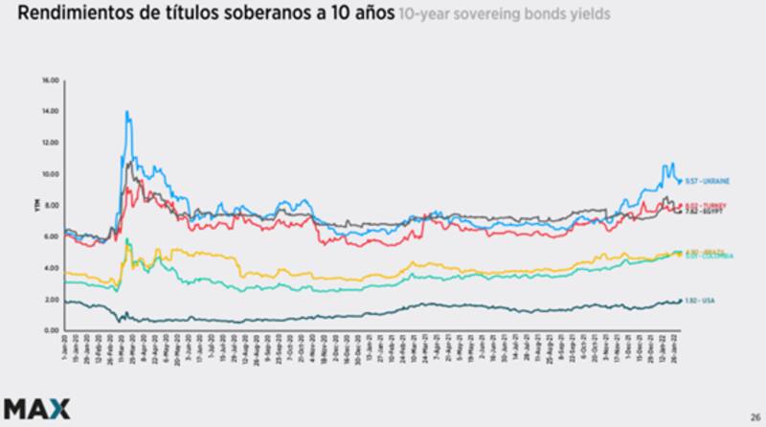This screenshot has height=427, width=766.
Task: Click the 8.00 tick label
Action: [51, 205]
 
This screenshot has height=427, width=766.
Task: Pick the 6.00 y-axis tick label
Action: [51, 236]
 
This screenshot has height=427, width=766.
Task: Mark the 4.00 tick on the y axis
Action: [51, 268]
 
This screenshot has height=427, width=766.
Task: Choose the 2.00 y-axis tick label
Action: [51, 300]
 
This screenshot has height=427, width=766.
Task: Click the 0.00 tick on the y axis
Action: [51, 330]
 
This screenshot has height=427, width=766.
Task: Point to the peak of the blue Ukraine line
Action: [126, 112]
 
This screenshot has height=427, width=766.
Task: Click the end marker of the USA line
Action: [680, 301]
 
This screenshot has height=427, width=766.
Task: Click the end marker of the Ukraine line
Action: [680, 181]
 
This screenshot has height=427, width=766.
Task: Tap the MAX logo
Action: [34, 408]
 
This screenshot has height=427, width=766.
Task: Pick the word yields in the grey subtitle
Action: [586, 16]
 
